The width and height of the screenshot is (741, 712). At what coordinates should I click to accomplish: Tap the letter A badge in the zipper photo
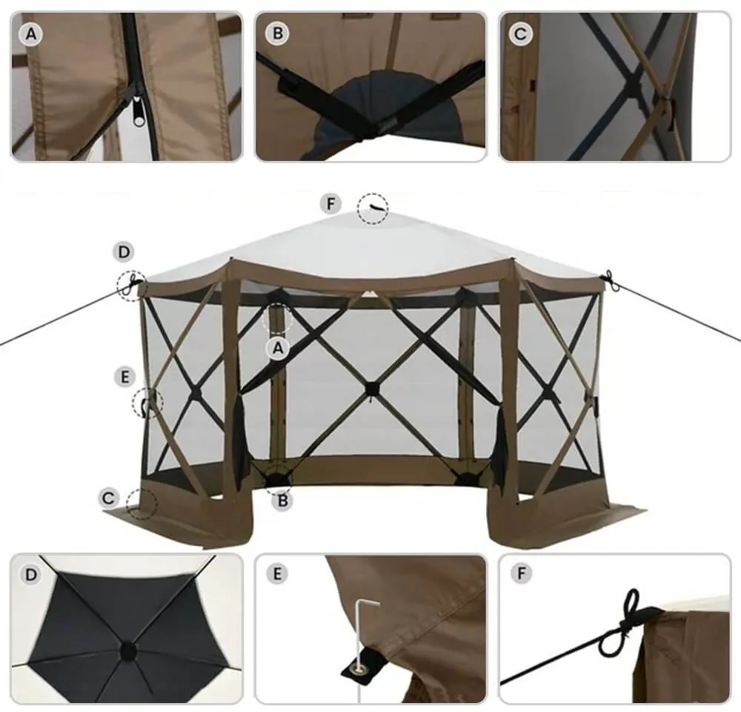[x=30, y=33]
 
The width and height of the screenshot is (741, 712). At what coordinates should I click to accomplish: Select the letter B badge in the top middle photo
[x=278, y=33]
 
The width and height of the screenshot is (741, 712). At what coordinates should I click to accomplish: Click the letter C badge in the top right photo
[x=521, y=33]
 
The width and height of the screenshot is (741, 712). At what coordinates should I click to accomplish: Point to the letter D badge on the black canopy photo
[x=30, y=575]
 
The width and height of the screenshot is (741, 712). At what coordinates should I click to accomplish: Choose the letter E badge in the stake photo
[x=276, y=575]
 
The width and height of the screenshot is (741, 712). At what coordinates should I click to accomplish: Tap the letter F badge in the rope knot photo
[x=521, y=575]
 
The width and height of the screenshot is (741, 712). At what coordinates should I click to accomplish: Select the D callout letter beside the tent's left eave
[x=124, y=253]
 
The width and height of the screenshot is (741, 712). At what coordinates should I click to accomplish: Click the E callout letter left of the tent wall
[x=125, y=377]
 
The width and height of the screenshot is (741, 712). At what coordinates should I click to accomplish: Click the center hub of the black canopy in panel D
[x=127, y=650]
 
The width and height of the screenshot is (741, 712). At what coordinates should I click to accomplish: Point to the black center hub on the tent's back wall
[x=371, y=388]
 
